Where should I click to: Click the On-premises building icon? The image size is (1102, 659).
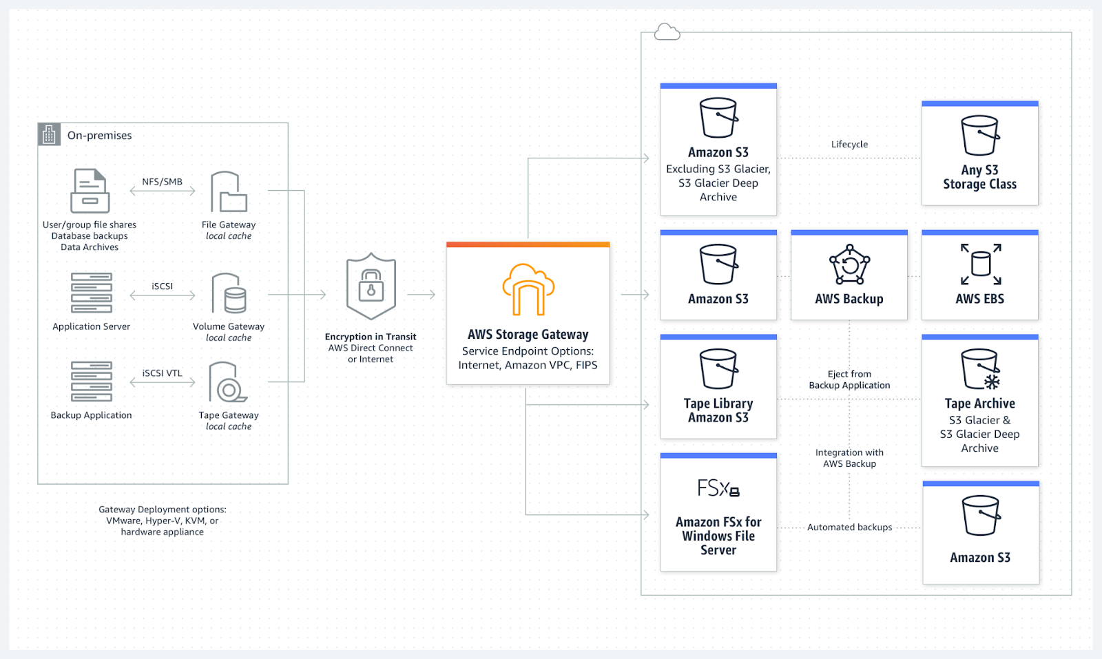click(49, 134)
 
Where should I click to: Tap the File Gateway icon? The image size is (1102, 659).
click(229, 192)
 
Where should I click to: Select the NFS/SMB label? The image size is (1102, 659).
click(162, 182)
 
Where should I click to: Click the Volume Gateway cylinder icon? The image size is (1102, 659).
click(229, 293)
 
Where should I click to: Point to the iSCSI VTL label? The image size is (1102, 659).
click(162, 373)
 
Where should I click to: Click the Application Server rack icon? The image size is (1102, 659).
click(91, 293)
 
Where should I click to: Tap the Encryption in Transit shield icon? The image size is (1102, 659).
click(371, 286)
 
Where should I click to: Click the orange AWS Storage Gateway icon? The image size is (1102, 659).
click(528, 289)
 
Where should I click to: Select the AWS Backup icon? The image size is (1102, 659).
click(849, 265)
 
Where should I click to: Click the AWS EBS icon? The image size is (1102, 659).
click(980, 264)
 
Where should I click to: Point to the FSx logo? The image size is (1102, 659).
click(718, 488)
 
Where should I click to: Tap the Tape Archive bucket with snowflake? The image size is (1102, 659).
click(980, 369)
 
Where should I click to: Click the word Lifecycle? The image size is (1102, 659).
click(849, 145)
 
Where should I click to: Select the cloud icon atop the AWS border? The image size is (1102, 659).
click(667, 32)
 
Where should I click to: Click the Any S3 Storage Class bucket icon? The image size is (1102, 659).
click(979, 136)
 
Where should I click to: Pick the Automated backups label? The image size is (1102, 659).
click(849, 527)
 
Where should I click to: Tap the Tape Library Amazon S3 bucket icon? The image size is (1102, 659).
click(718, 369)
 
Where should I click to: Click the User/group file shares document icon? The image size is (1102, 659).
click(90, 191)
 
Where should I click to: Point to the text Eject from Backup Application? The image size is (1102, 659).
click(849, 379)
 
